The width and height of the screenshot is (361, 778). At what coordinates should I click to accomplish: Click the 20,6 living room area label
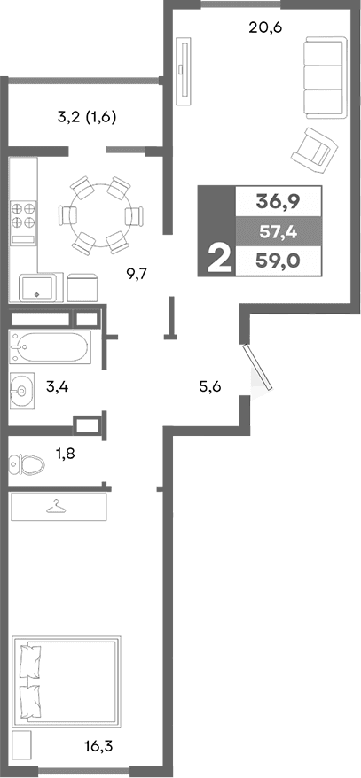point(265,27)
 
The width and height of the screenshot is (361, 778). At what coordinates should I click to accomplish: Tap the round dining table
point(99,215)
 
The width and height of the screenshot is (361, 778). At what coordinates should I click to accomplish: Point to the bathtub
point(49,348)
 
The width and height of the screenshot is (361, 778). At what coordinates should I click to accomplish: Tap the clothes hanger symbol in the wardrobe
point(58,506)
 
